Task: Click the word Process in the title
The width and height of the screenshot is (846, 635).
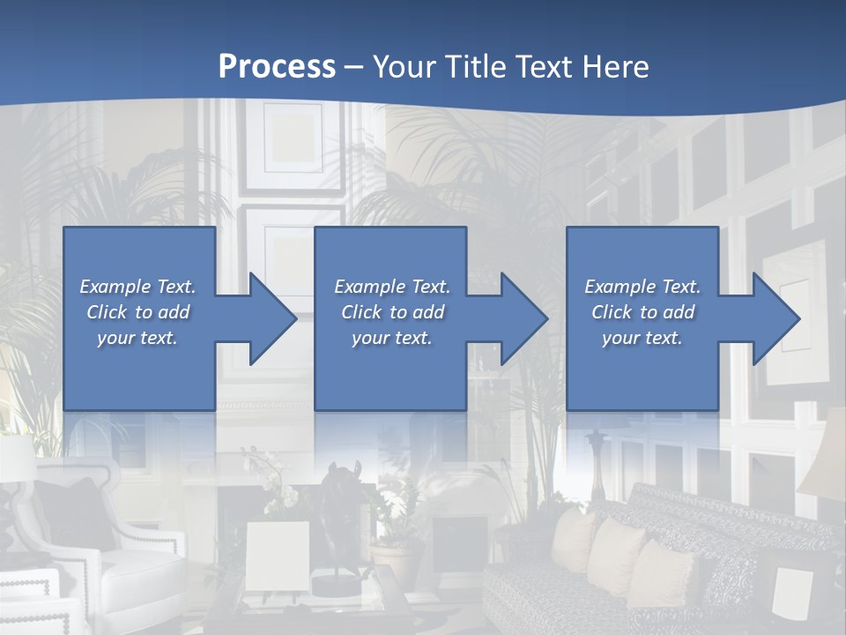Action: click(277, 67)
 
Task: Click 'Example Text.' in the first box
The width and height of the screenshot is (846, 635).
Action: click(137, 287)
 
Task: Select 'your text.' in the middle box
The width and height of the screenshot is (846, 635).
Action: click(391, 338)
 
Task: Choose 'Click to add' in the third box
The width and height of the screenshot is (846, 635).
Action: click(642, 312)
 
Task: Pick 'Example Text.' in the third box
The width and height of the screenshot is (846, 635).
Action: click(642, 287)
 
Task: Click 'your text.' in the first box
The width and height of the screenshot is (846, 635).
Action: click(137, 338)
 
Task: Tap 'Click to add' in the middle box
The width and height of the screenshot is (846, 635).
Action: click(391, 312)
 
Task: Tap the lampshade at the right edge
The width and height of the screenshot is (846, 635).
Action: click(824, 459)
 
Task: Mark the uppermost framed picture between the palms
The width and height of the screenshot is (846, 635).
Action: click(294, 141)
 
